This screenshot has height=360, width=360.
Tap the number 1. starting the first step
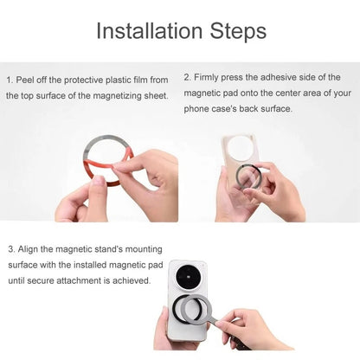9,80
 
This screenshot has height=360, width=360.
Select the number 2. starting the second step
187,77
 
